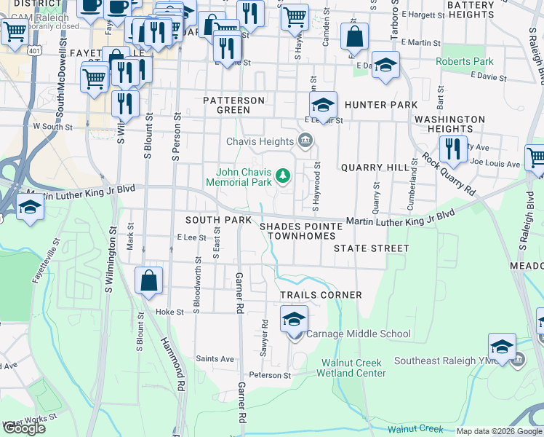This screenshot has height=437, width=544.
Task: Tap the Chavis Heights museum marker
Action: click(x=306, y=141)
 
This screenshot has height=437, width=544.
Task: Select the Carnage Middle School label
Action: click(x=358, y=334)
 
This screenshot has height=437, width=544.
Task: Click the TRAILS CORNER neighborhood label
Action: click(x=321, y=295)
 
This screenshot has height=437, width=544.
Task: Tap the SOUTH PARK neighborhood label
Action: click(x=218, y=219)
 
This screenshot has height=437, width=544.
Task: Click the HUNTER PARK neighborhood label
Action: click(x=381, y=105)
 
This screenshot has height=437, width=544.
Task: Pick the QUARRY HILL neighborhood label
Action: click(x=375, y=167)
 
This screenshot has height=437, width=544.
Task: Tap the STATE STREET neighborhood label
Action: click(x=372, y=248)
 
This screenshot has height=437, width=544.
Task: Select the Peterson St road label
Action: click(x=270, y=376)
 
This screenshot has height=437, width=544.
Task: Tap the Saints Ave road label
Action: click(x=215, y=358)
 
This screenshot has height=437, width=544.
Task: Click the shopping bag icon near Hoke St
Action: click(x=149, y=281)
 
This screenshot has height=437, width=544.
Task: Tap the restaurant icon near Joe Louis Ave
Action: click(x=453, y=149)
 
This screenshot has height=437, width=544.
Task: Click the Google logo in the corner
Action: click(x=24, y=428)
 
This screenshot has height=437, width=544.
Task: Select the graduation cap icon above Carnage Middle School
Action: click(x=294, y=319)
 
